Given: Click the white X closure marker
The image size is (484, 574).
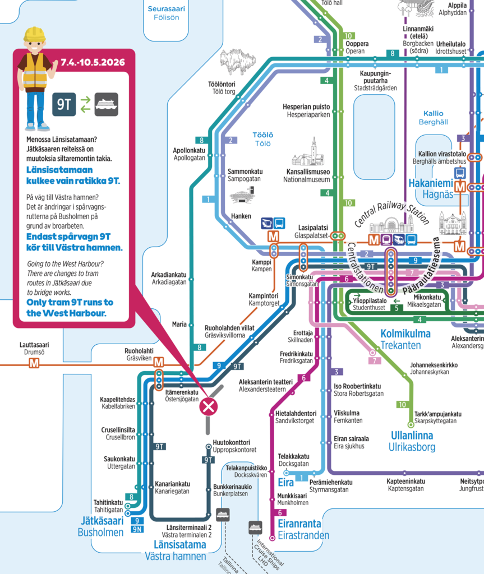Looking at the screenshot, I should tap(209, 406).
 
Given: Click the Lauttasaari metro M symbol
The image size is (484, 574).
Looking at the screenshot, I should tap(35, 363).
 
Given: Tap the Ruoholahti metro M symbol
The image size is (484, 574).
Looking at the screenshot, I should tap(159, 363).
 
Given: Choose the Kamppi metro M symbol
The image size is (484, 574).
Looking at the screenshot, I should tap(274, 237).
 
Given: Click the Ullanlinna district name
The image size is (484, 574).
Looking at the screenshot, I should tap(412, 436).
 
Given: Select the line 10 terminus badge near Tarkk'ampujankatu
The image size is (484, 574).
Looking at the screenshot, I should tap(402, 404).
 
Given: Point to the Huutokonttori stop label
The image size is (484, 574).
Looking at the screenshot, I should tap(232, 442).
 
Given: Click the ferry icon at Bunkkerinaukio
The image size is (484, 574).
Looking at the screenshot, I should tap(223, 514).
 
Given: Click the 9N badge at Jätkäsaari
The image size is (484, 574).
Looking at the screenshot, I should tap(137, 529).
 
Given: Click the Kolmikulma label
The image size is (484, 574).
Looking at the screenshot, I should tap(405, 334).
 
